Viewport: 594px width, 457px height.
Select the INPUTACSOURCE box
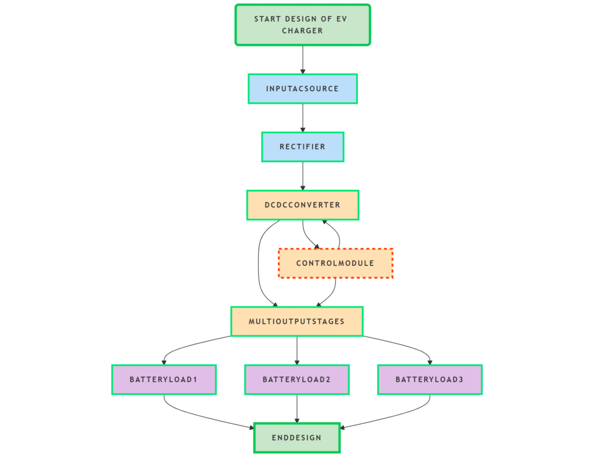click(x=302, y=89)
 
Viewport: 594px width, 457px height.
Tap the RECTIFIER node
click(x=302, y=147)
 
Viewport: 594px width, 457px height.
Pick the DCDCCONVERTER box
click(x=302, y=205)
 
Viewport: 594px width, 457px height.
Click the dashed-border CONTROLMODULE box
click(x=335, y=263)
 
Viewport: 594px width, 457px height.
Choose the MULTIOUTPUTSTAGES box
click(x=296, y=321)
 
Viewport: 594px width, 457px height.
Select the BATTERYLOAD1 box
click(x=164, y=380)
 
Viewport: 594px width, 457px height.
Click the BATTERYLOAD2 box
click(x=296, y=380)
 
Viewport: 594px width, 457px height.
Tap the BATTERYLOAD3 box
click(x=429, y=380)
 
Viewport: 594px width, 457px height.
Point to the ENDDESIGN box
click(x=296, y=438)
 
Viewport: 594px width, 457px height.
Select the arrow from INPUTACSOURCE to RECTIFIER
click(x=302, y=117)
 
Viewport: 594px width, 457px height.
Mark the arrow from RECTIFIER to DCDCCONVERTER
click(x=302, y=175)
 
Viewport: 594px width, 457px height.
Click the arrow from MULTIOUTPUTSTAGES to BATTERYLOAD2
click(x=296, y=350)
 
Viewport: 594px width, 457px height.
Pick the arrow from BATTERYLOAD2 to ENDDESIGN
click(x=296, y=408)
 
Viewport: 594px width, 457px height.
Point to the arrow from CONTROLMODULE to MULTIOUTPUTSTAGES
click(x=332, y=293)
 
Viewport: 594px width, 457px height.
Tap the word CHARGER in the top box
click(x=302, y=31)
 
